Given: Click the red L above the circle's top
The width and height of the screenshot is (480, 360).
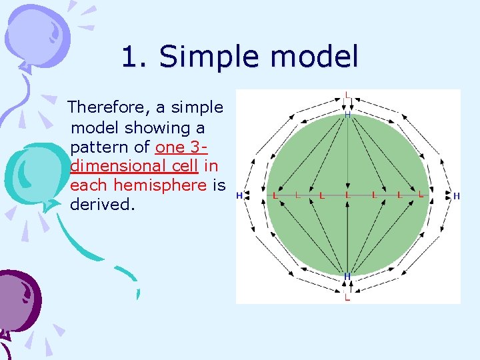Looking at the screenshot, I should click(x=347, y=95).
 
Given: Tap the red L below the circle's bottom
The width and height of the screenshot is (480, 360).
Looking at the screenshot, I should click(x=347, y=298).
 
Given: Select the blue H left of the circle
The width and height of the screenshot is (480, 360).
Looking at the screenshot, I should click(x=239, y=196).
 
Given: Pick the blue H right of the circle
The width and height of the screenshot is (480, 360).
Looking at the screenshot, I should click(x=457, y=196).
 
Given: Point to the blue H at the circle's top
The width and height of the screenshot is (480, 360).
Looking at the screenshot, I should click(x=347, y=115).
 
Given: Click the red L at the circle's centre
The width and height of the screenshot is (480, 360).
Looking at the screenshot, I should click(x=347, y=196).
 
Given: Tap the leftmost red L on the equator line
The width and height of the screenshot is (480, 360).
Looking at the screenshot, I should click(x=275, y=196).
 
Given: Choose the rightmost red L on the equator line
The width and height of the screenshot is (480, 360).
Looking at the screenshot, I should click(x=421, y=196).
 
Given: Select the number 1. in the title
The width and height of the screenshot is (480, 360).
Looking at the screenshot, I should click(x=136, y=57).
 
